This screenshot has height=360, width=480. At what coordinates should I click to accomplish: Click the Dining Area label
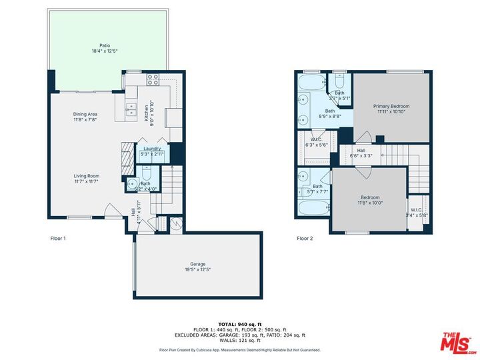coord(85,117)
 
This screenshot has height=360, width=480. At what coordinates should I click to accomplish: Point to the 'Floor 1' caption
coord(58,238)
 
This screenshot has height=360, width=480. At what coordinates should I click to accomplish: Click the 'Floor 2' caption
coord(305,238)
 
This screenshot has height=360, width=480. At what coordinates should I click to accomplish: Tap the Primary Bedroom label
coord(391,108)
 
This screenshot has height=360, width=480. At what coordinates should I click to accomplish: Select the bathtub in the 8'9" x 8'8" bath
coord(310,83)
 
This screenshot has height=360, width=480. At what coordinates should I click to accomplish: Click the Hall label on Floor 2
coord(361,153)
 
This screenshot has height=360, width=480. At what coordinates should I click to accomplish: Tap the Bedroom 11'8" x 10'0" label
coord(370,199)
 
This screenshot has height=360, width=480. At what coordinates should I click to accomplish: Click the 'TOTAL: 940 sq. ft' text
coord(240,323)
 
